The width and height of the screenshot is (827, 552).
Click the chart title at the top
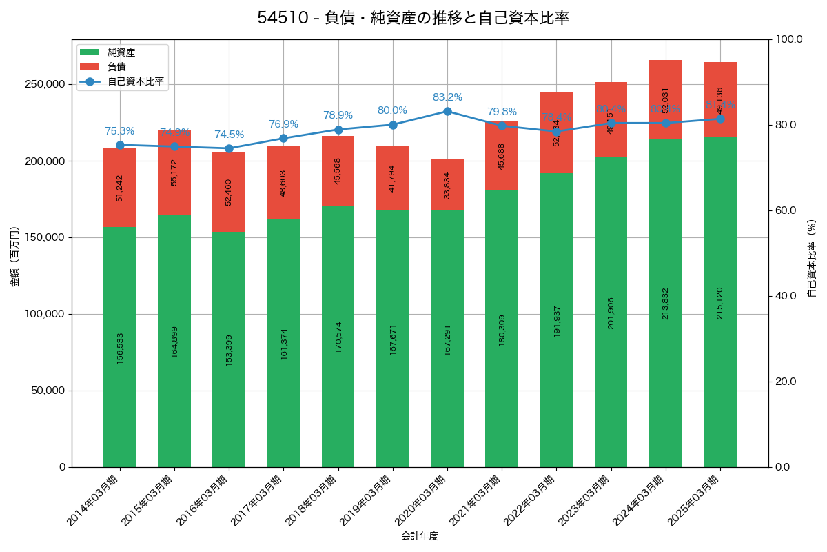tap(413, 18)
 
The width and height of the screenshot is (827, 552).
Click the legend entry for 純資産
tap(121, 52)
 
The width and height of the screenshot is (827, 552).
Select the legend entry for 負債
tap(116, 67)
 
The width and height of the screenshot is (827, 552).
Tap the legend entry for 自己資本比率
tap(135, 81)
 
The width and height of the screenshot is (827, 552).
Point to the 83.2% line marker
tap(447, 111)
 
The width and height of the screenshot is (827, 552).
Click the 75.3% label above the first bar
tap(119, 131)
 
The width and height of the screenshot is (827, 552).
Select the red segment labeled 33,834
tap(447, 185)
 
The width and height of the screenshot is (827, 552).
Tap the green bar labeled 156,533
tap(119, 347)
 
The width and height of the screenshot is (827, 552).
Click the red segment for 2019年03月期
tap(393, 178)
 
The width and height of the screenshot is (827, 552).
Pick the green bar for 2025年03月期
tap(720, 302)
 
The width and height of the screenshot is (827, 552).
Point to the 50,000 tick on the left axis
tap(48, 391)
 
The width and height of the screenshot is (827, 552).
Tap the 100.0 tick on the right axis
tap(788, 39)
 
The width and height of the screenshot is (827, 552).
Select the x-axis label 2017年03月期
tap(257, 500)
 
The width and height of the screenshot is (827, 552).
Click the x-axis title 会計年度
tap(420, 535)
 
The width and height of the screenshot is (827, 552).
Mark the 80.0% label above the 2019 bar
tap(392, 110)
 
